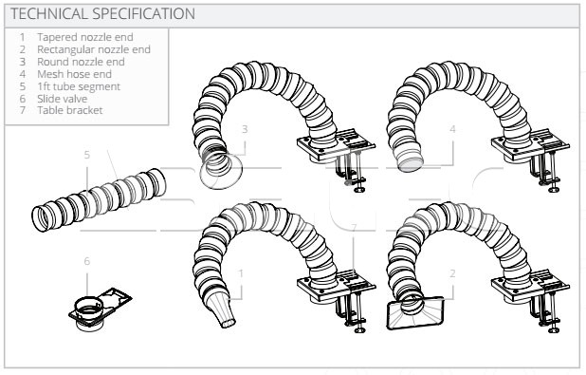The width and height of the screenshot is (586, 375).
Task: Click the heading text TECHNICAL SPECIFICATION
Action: pyautogui.click(x=102, y=14)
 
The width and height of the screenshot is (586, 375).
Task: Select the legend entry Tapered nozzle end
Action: pyautogui.click(x=84, y=37)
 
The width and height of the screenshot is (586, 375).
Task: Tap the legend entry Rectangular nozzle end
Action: pyautogui.click(x=94, y=49)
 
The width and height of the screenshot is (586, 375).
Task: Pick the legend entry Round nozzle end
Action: pyautogui.click(x=81, y=62)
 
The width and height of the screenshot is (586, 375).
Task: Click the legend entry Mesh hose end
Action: pyautogui.click(x=74, y=74)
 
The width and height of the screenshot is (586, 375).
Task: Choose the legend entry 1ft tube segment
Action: pyautogui.click(x=79, y=86)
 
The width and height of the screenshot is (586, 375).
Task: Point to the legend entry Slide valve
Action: pyautogui.click(x=62, y=99)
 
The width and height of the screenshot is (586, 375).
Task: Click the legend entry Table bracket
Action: pyautogui.click(x=70, y=110)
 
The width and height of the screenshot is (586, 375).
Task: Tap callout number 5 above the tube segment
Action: pyautogui.click(x=87, y=155)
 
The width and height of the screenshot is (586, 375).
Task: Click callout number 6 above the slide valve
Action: pyautogui.click(x=87, y=261)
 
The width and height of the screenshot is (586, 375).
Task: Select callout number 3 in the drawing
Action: pyautogui.click(x=245, y=129)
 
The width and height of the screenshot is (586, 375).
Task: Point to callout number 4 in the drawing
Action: pyautogui.click(x=452, y=129)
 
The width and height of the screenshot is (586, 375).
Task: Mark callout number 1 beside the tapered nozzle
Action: pyautogui.click(x=241, y=273)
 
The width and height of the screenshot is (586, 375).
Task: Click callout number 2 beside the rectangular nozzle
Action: pyautogui.click(x=452, y=273)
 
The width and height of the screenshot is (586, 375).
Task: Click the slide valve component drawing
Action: pyautogui.click(x=101, y=309)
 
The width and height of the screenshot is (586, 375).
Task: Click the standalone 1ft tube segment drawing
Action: pyautogui.click(x=99, y=199)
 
